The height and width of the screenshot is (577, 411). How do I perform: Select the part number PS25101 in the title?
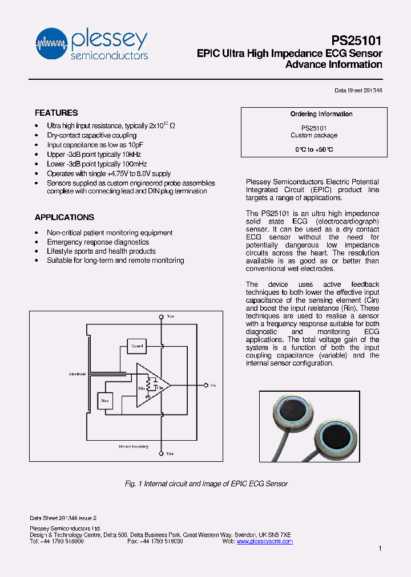(x=357, y=40)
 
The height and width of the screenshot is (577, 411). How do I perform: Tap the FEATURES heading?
(x=56, y=113)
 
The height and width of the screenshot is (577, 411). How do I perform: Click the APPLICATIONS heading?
(x=65, y=217)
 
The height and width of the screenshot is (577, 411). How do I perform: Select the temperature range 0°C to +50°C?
(x=314, y=149)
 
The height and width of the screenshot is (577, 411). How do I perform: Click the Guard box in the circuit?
(x=137, y=346)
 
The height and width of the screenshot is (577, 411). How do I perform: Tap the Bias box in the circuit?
(x=104, y=401)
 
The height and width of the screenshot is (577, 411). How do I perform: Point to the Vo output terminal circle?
(x=204, y=386)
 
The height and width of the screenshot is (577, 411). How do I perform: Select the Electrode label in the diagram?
(x=77, y=375)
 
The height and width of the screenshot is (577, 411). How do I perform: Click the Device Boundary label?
(x=134, y=446)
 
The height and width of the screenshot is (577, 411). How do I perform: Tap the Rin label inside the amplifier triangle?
(x=142, y=388)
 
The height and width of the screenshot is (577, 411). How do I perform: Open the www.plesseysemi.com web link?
(x=264, y=541)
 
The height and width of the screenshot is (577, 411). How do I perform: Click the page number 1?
(x=380, y=548)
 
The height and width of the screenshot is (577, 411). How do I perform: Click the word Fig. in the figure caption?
(x=130, y=483)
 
